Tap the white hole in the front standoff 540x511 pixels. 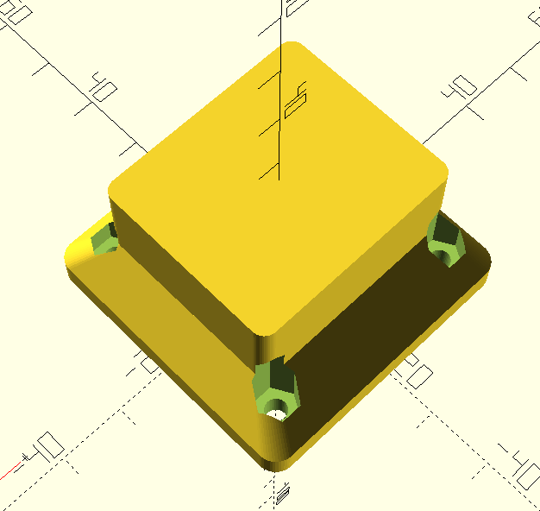point(277,413)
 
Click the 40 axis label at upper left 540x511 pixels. point(104,86)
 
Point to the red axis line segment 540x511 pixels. point(10,472)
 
